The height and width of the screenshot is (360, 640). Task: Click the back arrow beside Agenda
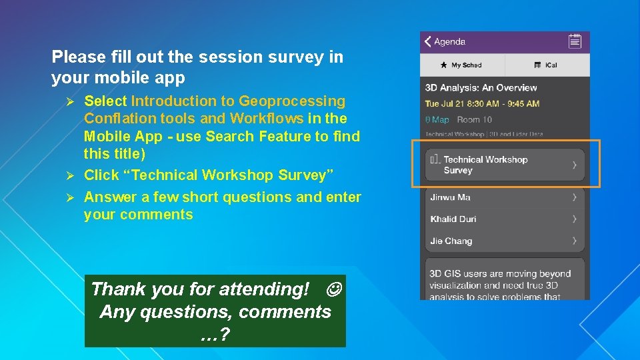(x=428, y=41)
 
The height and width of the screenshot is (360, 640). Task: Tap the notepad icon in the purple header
(x=575, y=41)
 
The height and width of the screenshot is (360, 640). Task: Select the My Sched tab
(x=462, y=65)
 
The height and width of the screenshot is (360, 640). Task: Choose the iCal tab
(x=547, y=65)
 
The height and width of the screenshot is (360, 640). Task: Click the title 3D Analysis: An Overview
(x=481, y=87)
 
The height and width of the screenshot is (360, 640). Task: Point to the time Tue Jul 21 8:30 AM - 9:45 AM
(x=482, y=103)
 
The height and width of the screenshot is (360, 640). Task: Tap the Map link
(x=437, y=120)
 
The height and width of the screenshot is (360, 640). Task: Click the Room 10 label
(x=474, y=120)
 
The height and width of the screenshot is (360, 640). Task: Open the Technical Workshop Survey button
(x=505, y=165)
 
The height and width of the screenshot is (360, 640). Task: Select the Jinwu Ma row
(x=505, y=197)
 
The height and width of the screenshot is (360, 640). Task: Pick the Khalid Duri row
(x=505, y=219)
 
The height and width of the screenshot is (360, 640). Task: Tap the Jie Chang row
(x=505, y=241)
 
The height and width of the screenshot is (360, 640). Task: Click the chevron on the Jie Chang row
(x=575, y=241)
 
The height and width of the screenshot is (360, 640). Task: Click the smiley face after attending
(x=335, y=289)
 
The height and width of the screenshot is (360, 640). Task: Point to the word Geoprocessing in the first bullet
(x=292, y=101)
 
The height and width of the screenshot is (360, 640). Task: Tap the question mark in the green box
(x=225, y=335)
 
